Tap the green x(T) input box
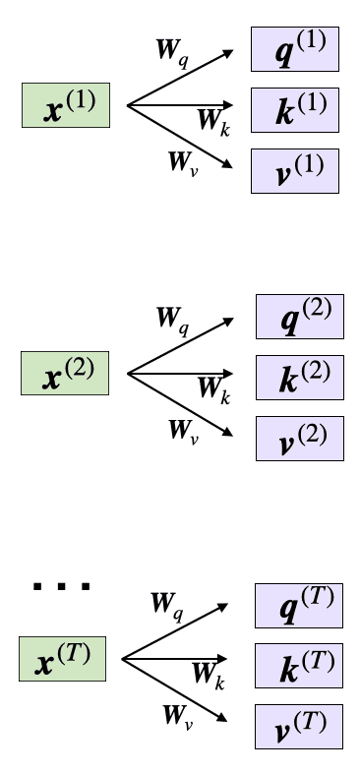(62, 659)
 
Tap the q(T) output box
(299, 605)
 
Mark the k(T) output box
(299, 666)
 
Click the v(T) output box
(299, 728)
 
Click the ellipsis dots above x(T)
(61, 587)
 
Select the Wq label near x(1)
(172, 50)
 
